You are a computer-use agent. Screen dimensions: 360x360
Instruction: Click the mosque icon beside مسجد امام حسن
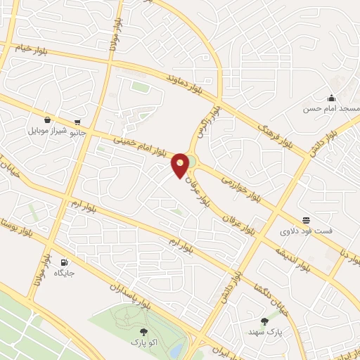[x=330, y=98]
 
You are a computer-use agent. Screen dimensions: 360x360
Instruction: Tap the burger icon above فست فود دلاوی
[x=306, y=219]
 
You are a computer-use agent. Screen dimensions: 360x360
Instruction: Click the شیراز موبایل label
[x=47, y=131]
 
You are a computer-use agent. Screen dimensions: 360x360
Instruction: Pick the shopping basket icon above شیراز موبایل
[x=47, y=120]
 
